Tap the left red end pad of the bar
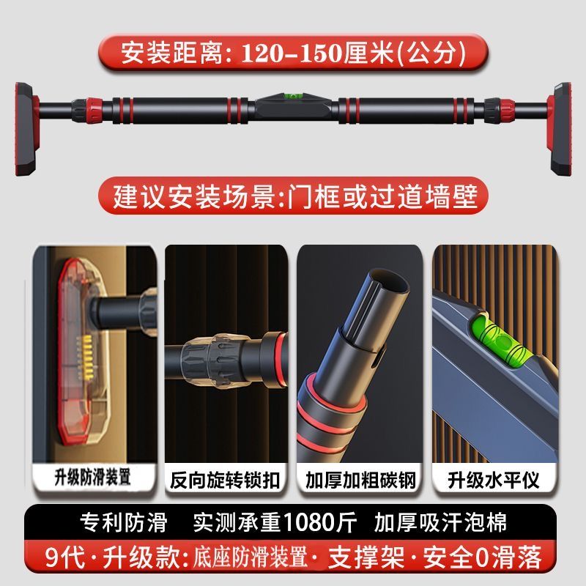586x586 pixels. pos(26,130)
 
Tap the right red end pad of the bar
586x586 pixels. pos(560,130)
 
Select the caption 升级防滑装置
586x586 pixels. pos(93,478)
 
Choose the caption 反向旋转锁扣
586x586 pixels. pos(225,481)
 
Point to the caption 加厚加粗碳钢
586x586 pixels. pos(360,481)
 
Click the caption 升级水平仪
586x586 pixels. pos(493,481)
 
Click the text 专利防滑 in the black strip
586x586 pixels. pos(124,522)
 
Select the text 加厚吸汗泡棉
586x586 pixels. pos(440,522)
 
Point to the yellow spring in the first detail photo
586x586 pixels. pos(86,353)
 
